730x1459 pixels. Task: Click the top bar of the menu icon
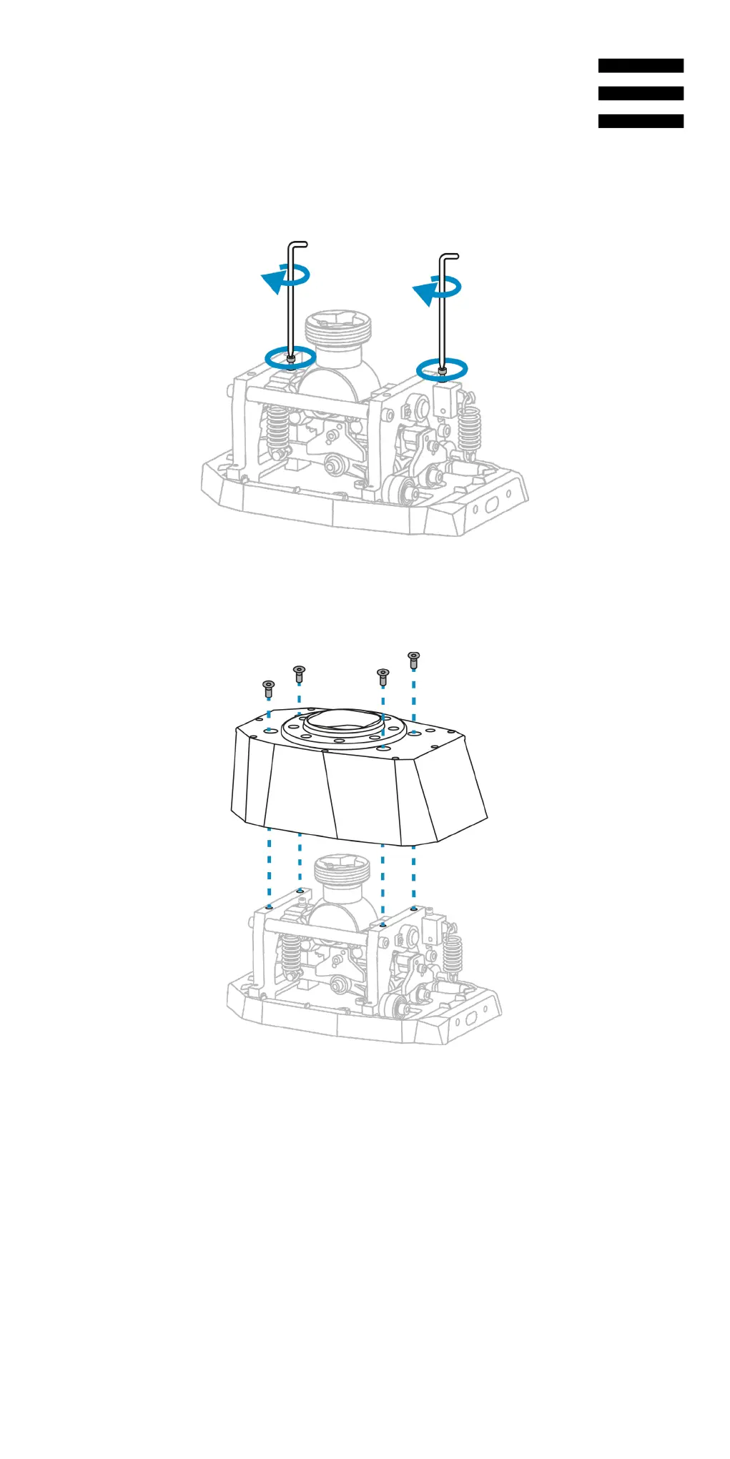pos(641,66)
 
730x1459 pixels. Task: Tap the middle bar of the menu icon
pos(641,94)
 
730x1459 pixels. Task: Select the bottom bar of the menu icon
pos(641,122)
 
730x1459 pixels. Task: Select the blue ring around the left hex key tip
pos(290,357)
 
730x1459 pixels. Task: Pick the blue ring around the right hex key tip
pos(442,369)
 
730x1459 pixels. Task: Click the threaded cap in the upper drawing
pos(339,330)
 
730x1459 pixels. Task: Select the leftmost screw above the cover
pos(268,689)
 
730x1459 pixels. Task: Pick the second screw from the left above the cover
pos(299,673)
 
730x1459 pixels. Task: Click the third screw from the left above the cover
pos(383,676)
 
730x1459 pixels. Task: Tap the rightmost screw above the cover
pos(413,660)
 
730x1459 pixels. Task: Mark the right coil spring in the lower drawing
pos(452,954)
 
